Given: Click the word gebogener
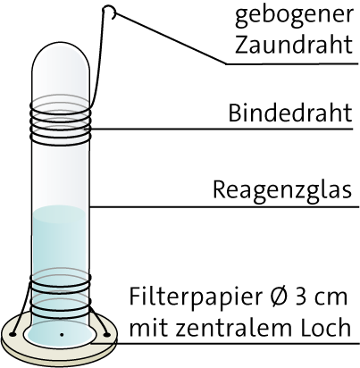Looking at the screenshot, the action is click(294, 15).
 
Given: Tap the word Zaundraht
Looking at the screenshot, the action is click(294, 45).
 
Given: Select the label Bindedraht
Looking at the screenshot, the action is click(290, 113).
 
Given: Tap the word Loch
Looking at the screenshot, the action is click(324, 327).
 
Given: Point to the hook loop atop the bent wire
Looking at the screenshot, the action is click(110, 12).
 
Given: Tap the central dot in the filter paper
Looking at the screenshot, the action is click(62, 335).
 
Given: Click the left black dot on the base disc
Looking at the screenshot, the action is click(13, 335).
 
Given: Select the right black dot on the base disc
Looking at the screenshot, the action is click(106, 335).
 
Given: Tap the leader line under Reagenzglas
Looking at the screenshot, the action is click(224, 206).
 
